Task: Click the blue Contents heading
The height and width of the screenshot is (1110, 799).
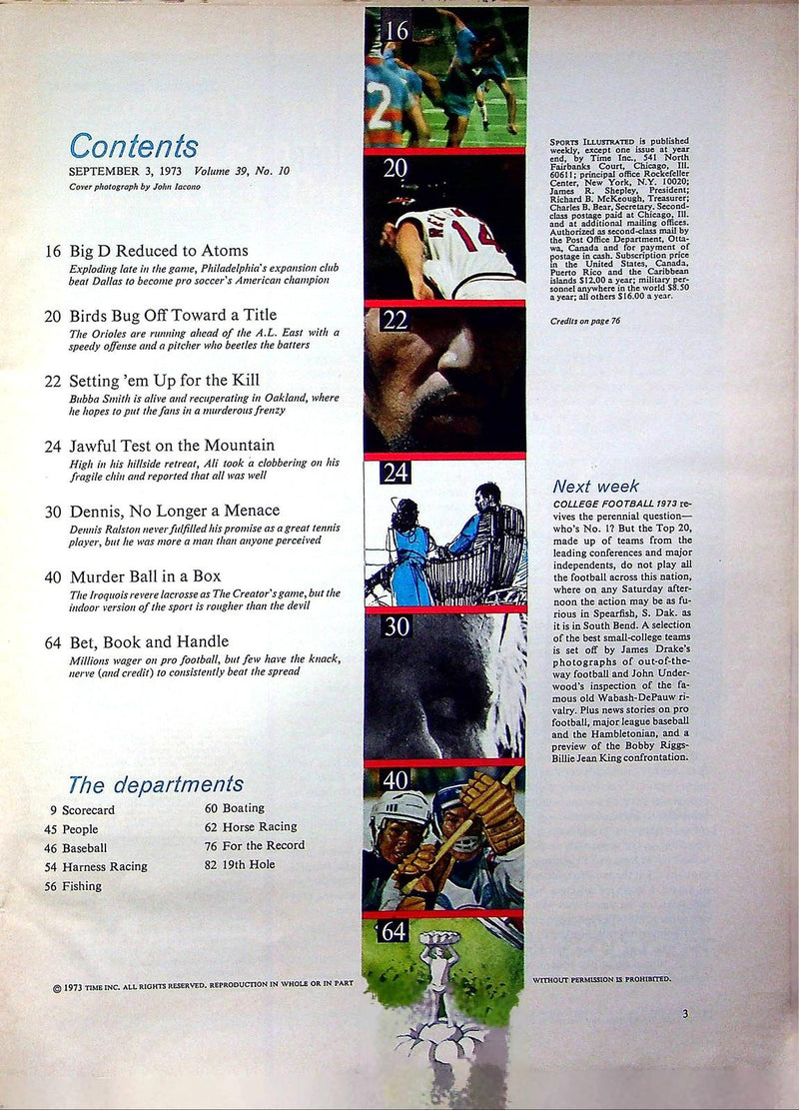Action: point(134,146)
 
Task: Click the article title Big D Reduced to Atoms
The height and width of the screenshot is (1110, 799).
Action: point(159,251)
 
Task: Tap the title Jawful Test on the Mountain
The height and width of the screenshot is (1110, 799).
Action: point(172,445)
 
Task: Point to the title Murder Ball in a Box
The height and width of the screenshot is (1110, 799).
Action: point(146,576)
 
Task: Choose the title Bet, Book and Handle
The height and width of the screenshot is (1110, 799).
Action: point(149,641)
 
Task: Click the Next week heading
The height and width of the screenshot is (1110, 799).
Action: point(596,487)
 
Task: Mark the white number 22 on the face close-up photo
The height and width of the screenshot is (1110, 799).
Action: point(396,321)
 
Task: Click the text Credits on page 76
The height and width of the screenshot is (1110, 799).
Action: point(587,323)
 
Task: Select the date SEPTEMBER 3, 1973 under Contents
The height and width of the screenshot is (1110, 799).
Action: point(119,171)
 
